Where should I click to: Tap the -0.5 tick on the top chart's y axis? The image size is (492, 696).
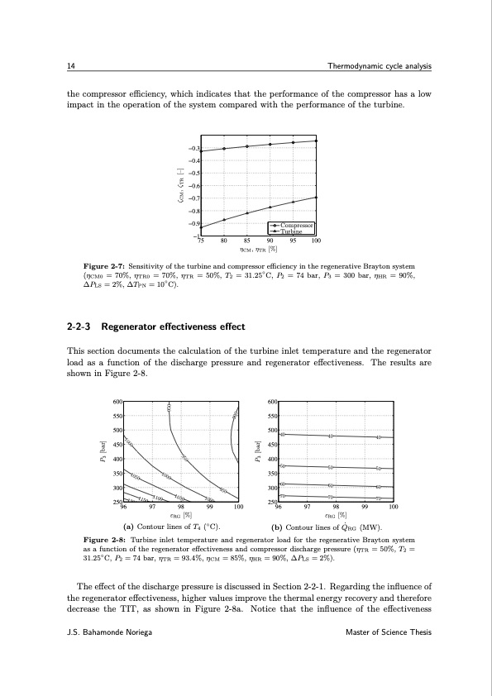(x=196, y=173)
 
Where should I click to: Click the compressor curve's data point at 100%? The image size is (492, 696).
(x=317, y=141)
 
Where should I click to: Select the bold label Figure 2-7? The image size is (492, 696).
(x=98, y=265)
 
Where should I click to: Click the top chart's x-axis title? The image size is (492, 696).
(x=258, y=249)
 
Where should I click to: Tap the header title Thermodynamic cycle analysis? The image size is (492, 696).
(x=380, y=66)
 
